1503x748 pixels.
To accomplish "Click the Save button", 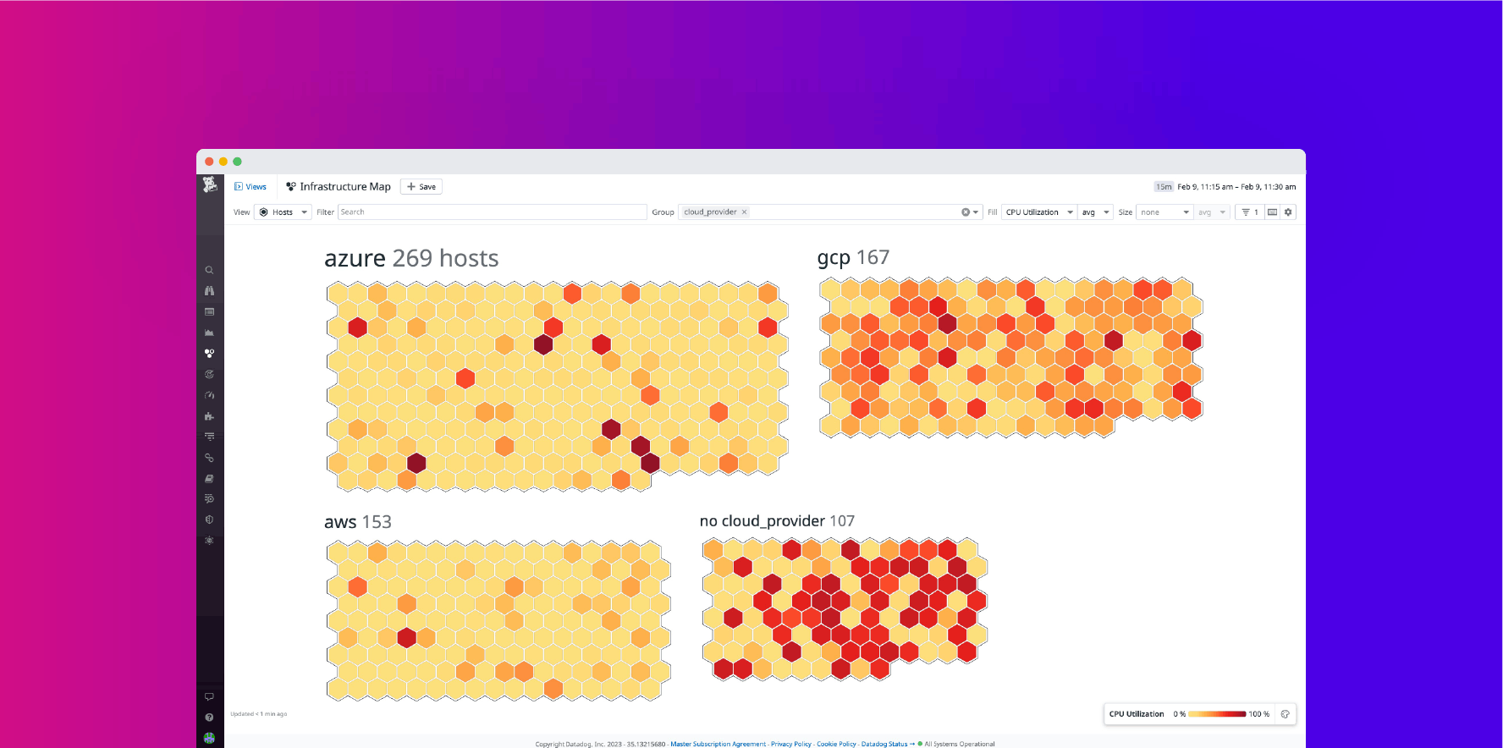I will pyautogui.click(x=421, y=187).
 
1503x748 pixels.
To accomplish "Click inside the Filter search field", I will pyautogui.click(x=492, y=212).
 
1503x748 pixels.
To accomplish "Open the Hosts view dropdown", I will pyautogui.click(x=284, y=212).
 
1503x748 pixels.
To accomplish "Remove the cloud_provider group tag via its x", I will pyautogui.click(x=745, y=212).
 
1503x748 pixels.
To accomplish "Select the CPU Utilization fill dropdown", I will pyautogui.click(x=1038, y=212).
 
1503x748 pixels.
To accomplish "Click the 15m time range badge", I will pyautogui.click(x=1164, y=187).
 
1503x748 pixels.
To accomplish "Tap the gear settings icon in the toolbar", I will pyautogui.click(x=1288, y=212).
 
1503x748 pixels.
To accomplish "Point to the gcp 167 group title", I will pyautogui.click(x=853, y=257).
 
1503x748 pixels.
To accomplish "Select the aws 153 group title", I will pyautogui.click(x=358, y=522).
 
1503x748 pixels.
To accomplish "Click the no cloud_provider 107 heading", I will pyautogui.click(x=777, y=521).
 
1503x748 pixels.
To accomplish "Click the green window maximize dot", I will pyautogui.click(x=237, y=162).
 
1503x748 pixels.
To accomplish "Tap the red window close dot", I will pyautogui.click(x=209, y=162).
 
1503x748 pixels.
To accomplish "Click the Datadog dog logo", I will pyautogui.click(x=210, y=185).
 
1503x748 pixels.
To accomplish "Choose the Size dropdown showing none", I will pyautogui.click(x=1164, y=212).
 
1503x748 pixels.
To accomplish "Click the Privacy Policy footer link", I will pyautogui.click(x=790, y=744).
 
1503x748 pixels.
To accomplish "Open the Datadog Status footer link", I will pyautogui.click(x=884, y=744).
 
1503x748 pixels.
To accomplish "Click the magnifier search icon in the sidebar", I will pyautogui.click(x=209, y=271).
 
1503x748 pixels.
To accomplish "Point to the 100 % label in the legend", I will pyautogui.click(x=1259, y=714).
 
